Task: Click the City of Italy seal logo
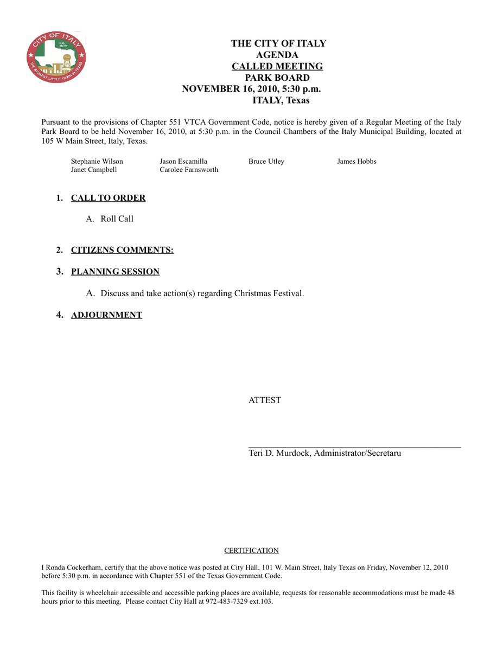point(56,58)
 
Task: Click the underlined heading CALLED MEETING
point(277,66)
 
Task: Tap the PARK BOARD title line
point(277,78)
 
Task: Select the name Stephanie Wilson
point(97,161)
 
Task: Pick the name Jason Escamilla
point(183,161)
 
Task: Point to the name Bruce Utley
point(266,161)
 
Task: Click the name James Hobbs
point(356,161)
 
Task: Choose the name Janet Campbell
point(94,169)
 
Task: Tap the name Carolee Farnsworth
point(189,169)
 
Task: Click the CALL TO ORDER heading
point(108,198)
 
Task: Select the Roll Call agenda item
point(117,219)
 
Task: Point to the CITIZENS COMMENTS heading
point(122,250)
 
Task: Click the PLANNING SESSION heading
point(115,271)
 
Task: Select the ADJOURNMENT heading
point(106,315)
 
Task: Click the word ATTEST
point(265,400)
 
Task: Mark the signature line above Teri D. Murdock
point(354,446)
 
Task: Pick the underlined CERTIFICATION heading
point(251,550)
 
